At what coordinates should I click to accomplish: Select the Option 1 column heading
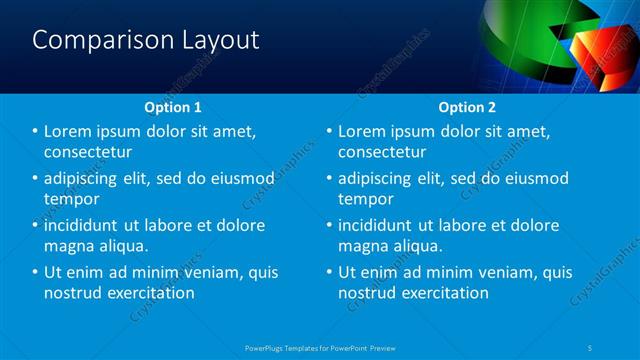point(173,106)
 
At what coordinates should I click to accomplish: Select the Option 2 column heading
point(466,106)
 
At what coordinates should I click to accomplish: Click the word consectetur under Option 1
point(89,152)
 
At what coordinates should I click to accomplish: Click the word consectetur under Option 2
point(382,152)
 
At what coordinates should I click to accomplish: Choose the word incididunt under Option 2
point(382,225)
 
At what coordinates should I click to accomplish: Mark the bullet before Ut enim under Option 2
point(329,272)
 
